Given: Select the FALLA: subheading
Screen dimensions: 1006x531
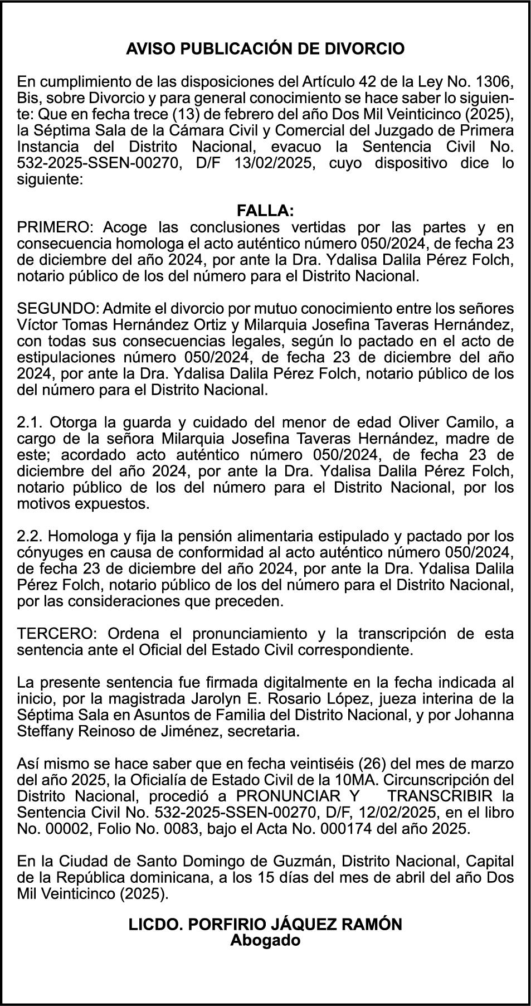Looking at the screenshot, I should tap(265, 211).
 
